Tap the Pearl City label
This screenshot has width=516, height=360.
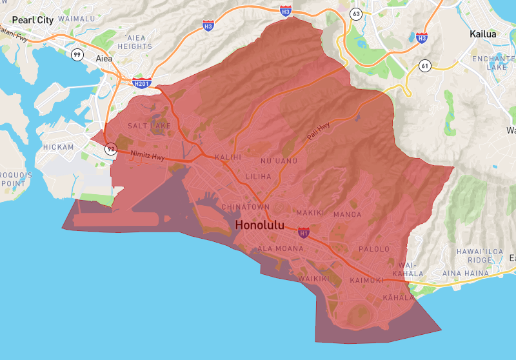[x=32, y=19]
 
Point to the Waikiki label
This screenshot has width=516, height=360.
[x=313, y=279]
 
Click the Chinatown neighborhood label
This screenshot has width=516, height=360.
[x=245, y=206]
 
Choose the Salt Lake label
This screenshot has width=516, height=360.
[x=149, y=125]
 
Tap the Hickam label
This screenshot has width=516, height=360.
[x=58, y=147]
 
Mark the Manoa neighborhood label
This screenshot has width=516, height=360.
[x=347, y=214]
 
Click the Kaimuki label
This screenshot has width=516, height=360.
[x=366, y=281]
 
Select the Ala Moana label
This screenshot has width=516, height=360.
[x=281, y=248]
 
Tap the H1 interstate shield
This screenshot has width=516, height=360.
[x=304, y=232]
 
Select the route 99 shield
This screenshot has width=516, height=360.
[x=77, y=54]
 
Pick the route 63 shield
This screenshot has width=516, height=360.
[x=355, y=13]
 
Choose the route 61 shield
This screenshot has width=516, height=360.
[x=424, y=65]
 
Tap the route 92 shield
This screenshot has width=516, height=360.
[x=111, y=149]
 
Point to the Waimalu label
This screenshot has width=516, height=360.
[x=76, y=19]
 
